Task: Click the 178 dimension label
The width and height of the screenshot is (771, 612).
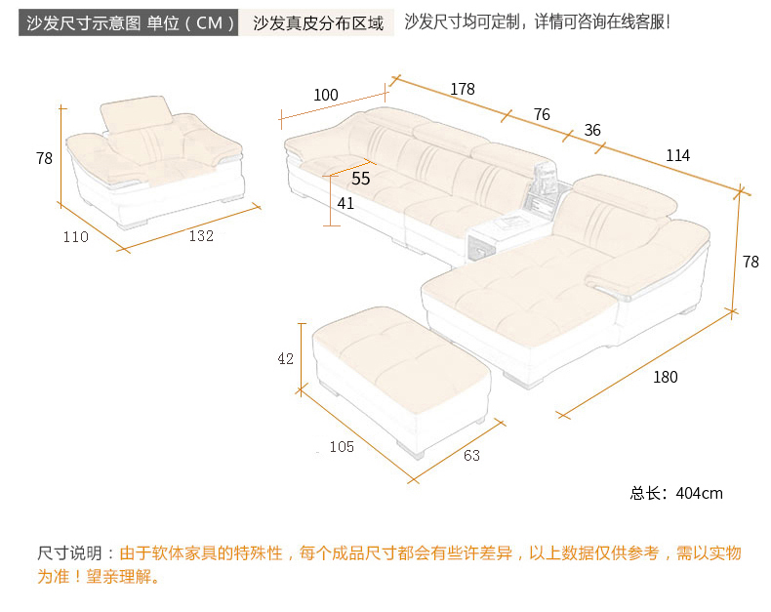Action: coord(463,89)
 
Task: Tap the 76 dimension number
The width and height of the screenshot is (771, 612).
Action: coord(542,114)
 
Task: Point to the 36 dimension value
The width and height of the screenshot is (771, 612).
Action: coord(592,130)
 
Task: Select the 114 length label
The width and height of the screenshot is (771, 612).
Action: coord(677,155)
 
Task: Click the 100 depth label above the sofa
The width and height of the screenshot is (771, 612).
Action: coord(326,95)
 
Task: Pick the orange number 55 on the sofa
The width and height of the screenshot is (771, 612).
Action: coord(360,179)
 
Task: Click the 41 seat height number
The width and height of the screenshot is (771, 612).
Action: coord(345,203)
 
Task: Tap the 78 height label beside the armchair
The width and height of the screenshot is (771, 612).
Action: coord(44,158)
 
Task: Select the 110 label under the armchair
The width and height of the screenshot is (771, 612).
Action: coord(75,236)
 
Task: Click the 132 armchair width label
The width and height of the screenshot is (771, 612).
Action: coord(201,235)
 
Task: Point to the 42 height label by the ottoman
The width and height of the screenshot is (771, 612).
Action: coord(285,358)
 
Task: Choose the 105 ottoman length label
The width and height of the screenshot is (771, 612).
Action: coord(342,447)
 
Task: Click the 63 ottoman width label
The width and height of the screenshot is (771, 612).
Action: coord(471,455)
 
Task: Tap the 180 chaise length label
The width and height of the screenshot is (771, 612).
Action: coord(665,378)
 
